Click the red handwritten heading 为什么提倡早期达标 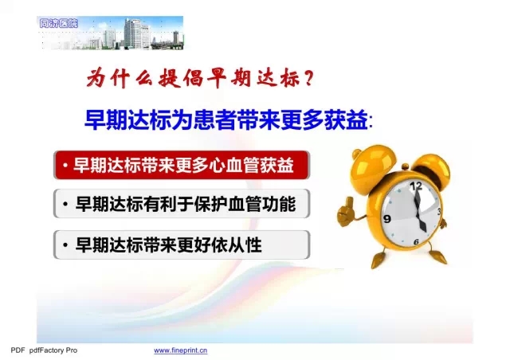(x=192, y=78)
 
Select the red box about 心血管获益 (x=182, y=165)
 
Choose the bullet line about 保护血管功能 (x=182, y=204)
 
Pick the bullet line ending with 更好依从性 (x=182, y=245)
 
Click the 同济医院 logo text (x=58, y=23)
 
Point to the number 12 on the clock (x=416, y=186)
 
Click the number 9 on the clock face (x=387, y=218)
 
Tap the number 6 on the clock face (x=416, y=241)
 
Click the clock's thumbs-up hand (x=347, y=212)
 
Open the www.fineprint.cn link (x=181, y=350)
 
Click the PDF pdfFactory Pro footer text (x=45, y=350)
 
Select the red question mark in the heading (x=309, y=78)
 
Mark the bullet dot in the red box (x=65, y=165)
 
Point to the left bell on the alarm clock (x=371, y=165)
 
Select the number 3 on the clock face (x=439, y=212)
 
